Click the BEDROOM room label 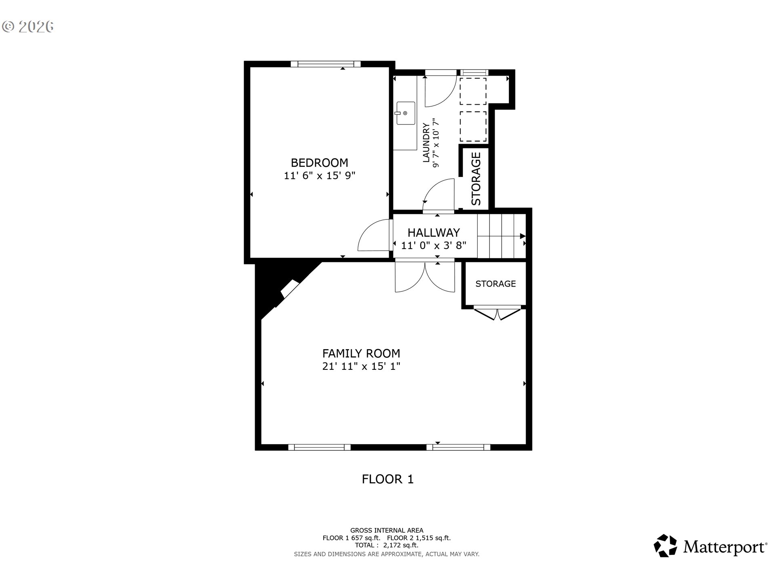319,162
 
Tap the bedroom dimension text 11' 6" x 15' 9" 319,176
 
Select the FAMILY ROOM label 361,353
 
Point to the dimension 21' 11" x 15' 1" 361,367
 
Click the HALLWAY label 433,232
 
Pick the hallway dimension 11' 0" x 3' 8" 433,245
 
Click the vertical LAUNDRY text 426,143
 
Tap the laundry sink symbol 405,113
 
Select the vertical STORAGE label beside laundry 476,178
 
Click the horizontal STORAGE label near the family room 496,284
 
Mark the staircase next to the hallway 501,236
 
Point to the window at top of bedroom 325,64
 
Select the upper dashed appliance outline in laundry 473,91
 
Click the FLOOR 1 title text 387,479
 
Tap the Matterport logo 710,546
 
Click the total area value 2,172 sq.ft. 401,545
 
